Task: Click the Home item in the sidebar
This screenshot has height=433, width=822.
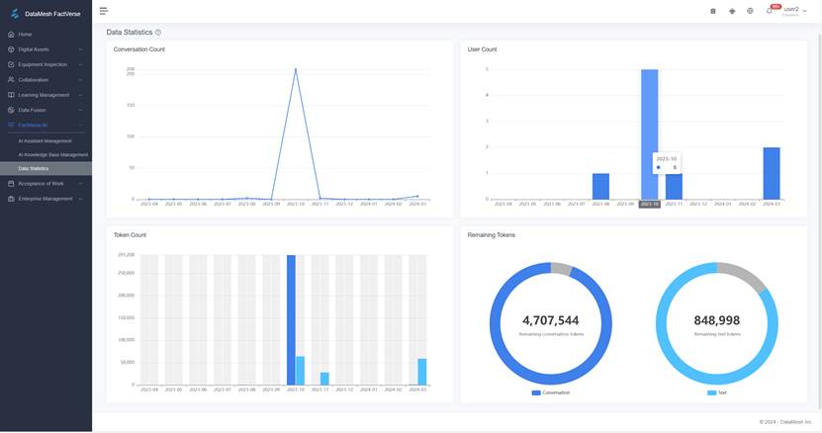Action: (x=26, y=34)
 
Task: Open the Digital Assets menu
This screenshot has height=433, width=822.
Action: (x=34, y=48)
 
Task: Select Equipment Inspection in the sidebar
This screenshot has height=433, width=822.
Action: (x=43, y=64)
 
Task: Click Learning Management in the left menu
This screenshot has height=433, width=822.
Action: (x=44, y=95)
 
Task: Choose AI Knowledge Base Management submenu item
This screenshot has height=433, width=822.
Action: (x=52, y=154)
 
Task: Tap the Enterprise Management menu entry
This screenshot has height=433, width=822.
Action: (x=45, y=198)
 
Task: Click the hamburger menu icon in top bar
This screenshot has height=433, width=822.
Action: (x=104, y=11)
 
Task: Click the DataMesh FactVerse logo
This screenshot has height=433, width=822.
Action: (x=46, y=14)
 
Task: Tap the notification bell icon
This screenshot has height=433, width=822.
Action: (x=769, y=11)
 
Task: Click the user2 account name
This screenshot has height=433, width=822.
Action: (x=790, y=9)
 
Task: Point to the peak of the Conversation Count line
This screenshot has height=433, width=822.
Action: (x=296, y=69)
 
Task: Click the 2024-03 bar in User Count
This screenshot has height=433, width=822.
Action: (x=772, y=173)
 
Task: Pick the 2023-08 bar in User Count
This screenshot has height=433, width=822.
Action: (x=600, y=186)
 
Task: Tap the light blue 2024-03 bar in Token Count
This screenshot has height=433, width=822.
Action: (x=422, y=372)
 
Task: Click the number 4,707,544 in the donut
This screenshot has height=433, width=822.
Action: (x=551, y=320)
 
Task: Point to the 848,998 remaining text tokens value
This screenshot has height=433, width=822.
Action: (x=717, y=320)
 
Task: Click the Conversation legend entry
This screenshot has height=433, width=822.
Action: (x=551, y=392)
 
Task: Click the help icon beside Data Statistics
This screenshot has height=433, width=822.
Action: (x=158, y=33)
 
